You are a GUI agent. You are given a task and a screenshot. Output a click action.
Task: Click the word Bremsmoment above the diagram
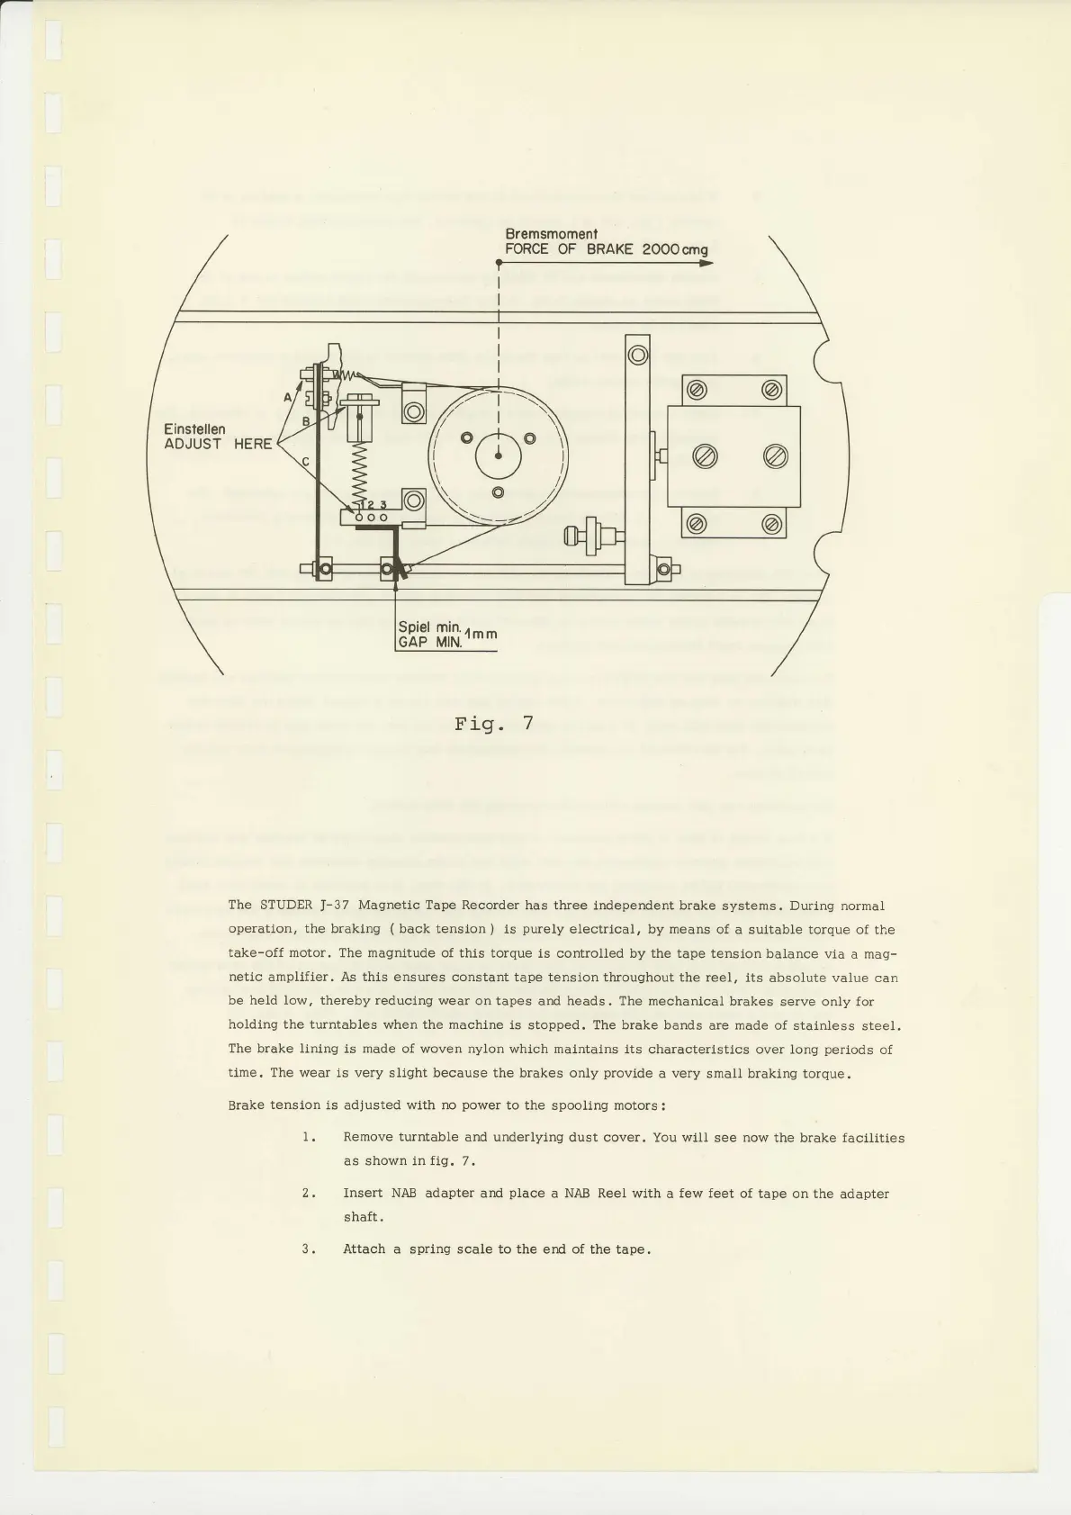click(551, 233)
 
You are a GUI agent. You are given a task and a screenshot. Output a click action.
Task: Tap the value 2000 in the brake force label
click(662, 249)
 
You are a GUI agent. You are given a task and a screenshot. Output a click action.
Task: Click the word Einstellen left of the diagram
click(194, 429)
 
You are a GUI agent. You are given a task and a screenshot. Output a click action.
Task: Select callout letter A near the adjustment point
click(288, 396)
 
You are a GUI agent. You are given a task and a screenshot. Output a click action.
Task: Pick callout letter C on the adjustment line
click(305, 462)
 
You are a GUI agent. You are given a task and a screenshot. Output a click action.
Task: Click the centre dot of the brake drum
click(498, 455)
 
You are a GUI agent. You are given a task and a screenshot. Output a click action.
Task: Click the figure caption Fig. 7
click(494, 723)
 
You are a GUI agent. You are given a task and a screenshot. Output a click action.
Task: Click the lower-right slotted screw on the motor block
click(770, 523)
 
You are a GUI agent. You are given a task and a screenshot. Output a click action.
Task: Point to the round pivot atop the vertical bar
click(638, 355)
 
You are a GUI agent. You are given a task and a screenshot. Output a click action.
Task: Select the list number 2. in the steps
click(308, 1194)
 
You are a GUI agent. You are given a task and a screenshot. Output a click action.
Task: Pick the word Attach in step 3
click(364, 1249)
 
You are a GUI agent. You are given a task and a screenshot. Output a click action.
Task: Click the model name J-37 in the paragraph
click(335, 906)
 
